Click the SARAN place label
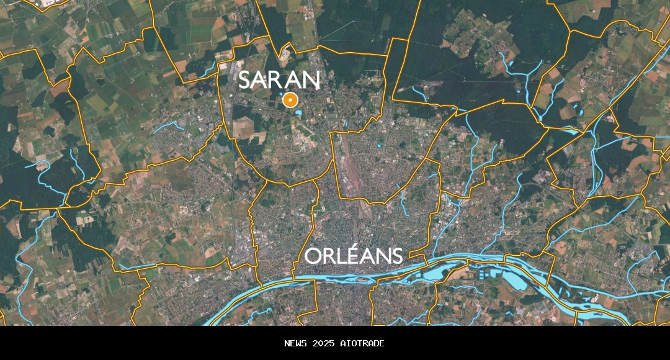pos(279,80)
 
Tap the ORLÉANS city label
pos(354,256)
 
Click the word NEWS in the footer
pos(296,343)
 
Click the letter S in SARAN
pos(245,80)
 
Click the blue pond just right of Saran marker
pos(300,112)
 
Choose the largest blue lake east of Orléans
pos(515,279)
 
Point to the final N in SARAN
pos(311,80)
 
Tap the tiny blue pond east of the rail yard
pos(378,146)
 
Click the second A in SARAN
pos(294,80)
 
